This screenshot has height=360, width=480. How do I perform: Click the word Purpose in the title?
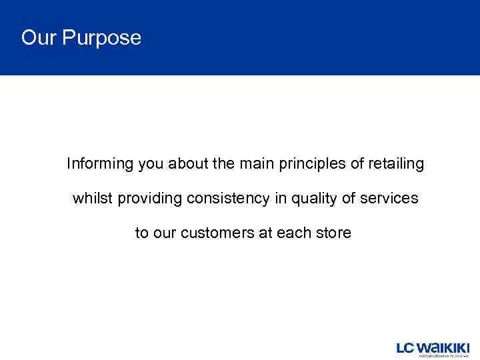click(x=101, y=38)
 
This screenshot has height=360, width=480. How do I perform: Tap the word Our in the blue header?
click(x=39, y=37)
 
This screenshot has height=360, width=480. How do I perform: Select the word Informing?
click(x=100, y=164)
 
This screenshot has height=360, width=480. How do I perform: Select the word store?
click(x=333, y=233)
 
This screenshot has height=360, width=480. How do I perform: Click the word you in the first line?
click(x=151, y=164)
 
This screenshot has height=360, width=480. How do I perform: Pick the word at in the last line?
click(x=265, y=233)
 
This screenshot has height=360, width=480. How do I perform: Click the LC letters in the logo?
click(x=406, y=348)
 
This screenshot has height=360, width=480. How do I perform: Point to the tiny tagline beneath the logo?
click(x=443, y=356)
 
